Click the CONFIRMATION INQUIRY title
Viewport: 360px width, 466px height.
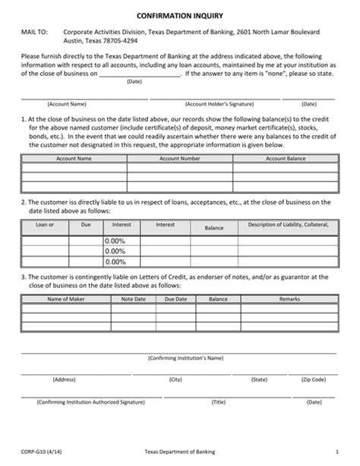(180, 15)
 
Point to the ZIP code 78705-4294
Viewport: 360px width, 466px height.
(123, 43)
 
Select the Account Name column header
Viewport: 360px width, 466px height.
(74, 159)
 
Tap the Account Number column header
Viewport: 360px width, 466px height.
(180, 159)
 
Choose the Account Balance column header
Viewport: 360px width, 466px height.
(286, 159)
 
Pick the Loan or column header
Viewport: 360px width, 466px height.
(46, 225)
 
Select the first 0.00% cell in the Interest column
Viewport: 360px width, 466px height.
(115, 240)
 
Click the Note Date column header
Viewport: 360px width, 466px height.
(133, 300)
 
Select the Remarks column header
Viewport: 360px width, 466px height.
(289, 300)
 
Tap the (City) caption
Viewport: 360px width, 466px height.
(176, 378)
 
